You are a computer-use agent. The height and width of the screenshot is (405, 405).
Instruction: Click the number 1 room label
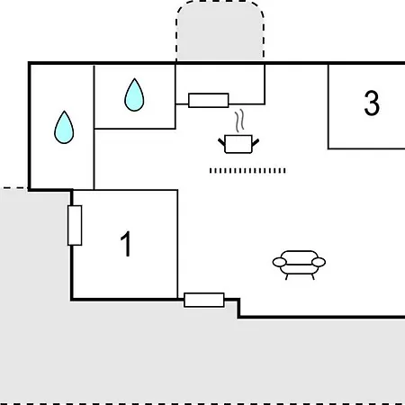126,244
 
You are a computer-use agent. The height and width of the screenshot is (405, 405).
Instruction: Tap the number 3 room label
372,103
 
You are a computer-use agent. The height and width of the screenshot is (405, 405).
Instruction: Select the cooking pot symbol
238,144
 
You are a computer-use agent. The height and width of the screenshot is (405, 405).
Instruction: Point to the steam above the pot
239,121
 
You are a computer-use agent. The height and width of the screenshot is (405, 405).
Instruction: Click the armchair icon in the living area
299,265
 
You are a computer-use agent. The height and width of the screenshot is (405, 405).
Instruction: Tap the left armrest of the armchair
279,262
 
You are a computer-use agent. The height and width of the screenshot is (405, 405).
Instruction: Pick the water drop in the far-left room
64,127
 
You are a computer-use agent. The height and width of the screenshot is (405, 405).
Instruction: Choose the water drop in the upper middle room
134,94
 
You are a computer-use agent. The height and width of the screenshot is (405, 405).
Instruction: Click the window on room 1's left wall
75,225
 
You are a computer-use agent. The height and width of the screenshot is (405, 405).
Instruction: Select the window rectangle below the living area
204,300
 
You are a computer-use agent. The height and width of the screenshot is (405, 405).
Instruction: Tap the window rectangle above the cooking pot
209,100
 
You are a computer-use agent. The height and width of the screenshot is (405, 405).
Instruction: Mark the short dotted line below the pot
247,171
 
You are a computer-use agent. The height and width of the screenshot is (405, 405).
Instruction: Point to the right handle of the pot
256,142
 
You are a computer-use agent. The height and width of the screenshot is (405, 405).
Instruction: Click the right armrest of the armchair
319,262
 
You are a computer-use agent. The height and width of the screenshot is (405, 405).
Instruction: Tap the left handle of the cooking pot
221,142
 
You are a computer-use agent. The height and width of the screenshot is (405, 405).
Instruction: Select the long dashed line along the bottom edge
202,403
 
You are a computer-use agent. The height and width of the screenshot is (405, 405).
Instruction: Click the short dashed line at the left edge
13,188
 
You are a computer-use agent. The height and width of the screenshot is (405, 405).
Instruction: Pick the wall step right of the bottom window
238,308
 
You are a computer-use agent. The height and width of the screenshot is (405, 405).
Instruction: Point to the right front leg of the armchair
313,276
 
